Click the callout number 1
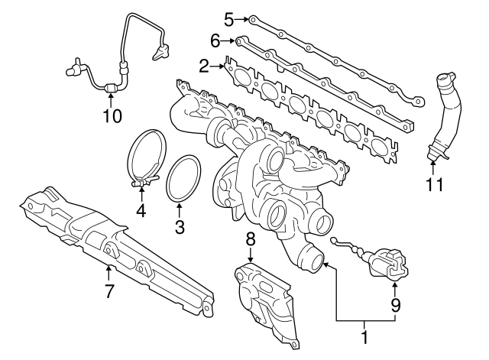coord(364,336)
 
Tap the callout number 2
coord(203,67)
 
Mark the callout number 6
coord(215,40)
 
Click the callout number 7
coord(108,290)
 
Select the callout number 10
coord(112,115)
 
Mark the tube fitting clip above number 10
coord(112,89)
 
